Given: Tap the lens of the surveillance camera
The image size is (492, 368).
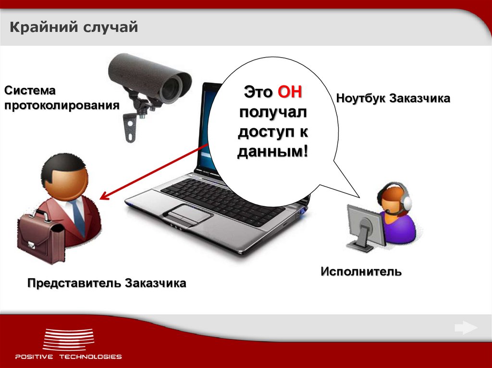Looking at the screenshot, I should click(172, 88).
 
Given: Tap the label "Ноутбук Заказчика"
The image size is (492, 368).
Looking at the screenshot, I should click(393, 98).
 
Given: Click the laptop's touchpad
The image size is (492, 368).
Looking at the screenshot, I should click(188, 213).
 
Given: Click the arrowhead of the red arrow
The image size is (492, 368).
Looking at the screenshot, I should click(103, 197).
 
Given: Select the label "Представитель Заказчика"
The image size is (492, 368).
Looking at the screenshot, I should click(106, 283).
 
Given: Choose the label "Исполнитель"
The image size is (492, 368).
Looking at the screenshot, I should click(361, 272).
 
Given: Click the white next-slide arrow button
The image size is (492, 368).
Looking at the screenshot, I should click(466, 328).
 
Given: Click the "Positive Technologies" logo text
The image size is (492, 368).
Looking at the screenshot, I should click(68, 356).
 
